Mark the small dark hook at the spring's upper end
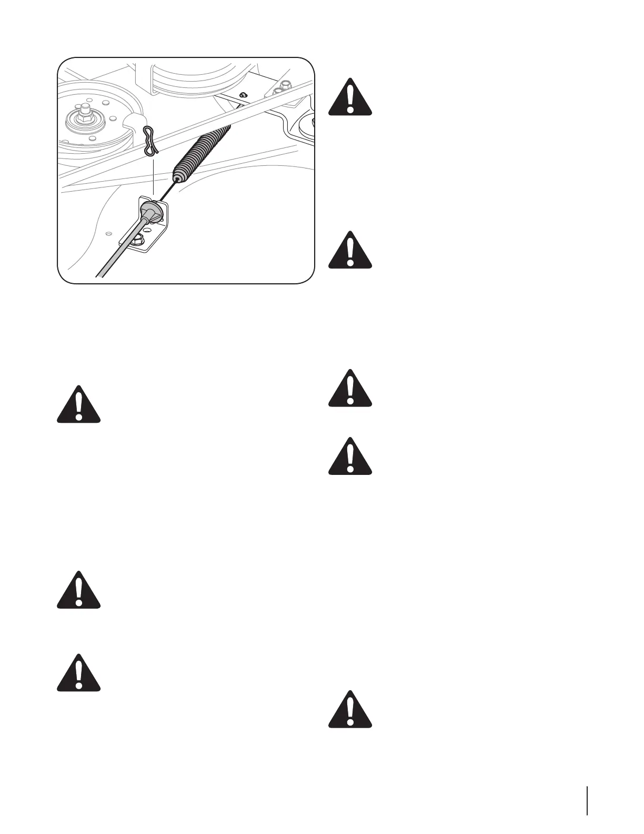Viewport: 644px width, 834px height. tap(243, 95)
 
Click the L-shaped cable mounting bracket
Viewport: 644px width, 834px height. tap(158, 232)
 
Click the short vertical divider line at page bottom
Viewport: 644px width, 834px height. tap(587, 786)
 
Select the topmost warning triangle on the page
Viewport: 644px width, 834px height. tap(350, 97)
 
